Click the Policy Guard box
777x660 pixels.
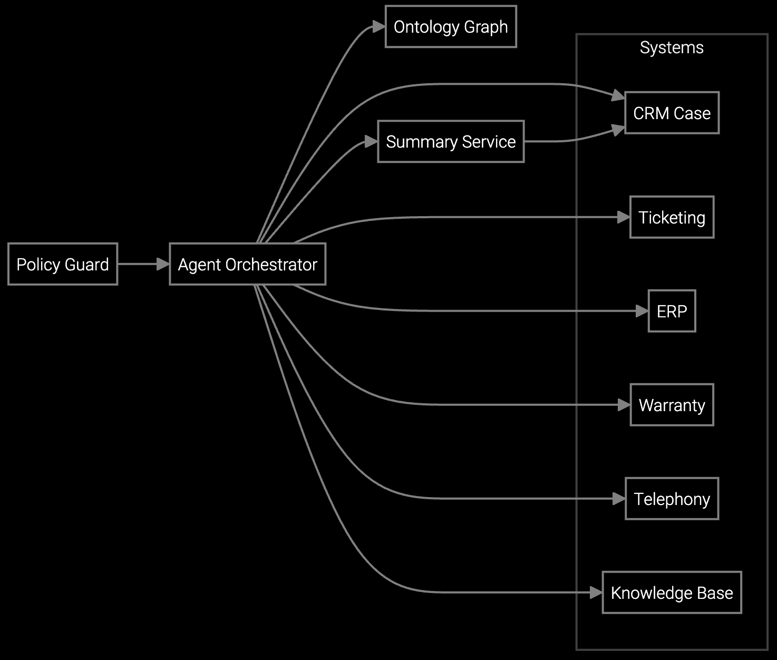click(63, 264)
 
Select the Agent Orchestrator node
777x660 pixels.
click(247, 264)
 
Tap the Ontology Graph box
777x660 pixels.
click(451, 26)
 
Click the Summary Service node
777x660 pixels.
click(451, 141)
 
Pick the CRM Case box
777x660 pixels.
click(672, 113)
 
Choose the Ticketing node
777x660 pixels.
click(672, 217)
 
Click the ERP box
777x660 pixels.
click(672, 311)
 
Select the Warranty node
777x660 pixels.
click(672, 405)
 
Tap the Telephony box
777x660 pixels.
click(672, 499)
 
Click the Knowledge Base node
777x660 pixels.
click(672, 593)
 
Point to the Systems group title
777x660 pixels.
click(672, 47)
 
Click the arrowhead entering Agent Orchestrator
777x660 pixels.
click(163, 264)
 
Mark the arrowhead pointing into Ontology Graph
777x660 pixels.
click(380, 26)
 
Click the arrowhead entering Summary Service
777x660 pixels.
click(372, 141)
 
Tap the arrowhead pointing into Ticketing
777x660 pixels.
click(624, 217)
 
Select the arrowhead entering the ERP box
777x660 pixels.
click(642, 311)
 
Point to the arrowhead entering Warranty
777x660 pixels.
click(625, 405)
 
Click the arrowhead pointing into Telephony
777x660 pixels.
click(619, 499)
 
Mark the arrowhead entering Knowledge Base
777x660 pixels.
click(596, 593)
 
